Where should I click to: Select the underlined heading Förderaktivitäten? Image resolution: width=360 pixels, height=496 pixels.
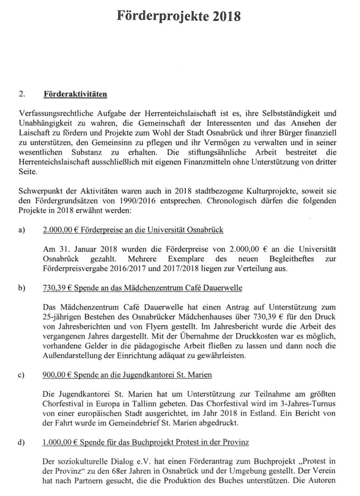(74, 95)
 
